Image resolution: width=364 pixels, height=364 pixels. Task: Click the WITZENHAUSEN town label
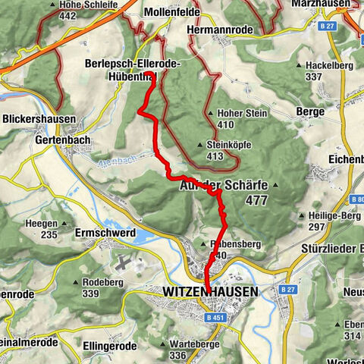tap(210, 291)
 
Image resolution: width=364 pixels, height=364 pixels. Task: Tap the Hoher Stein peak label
tap(238, 111)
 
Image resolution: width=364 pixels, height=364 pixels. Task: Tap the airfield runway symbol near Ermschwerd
tap(124, 262)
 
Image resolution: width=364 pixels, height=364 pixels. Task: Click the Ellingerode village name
tap(108, 346)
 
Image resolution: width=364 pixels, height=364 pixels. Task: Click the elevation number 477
tap(257, 199)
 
